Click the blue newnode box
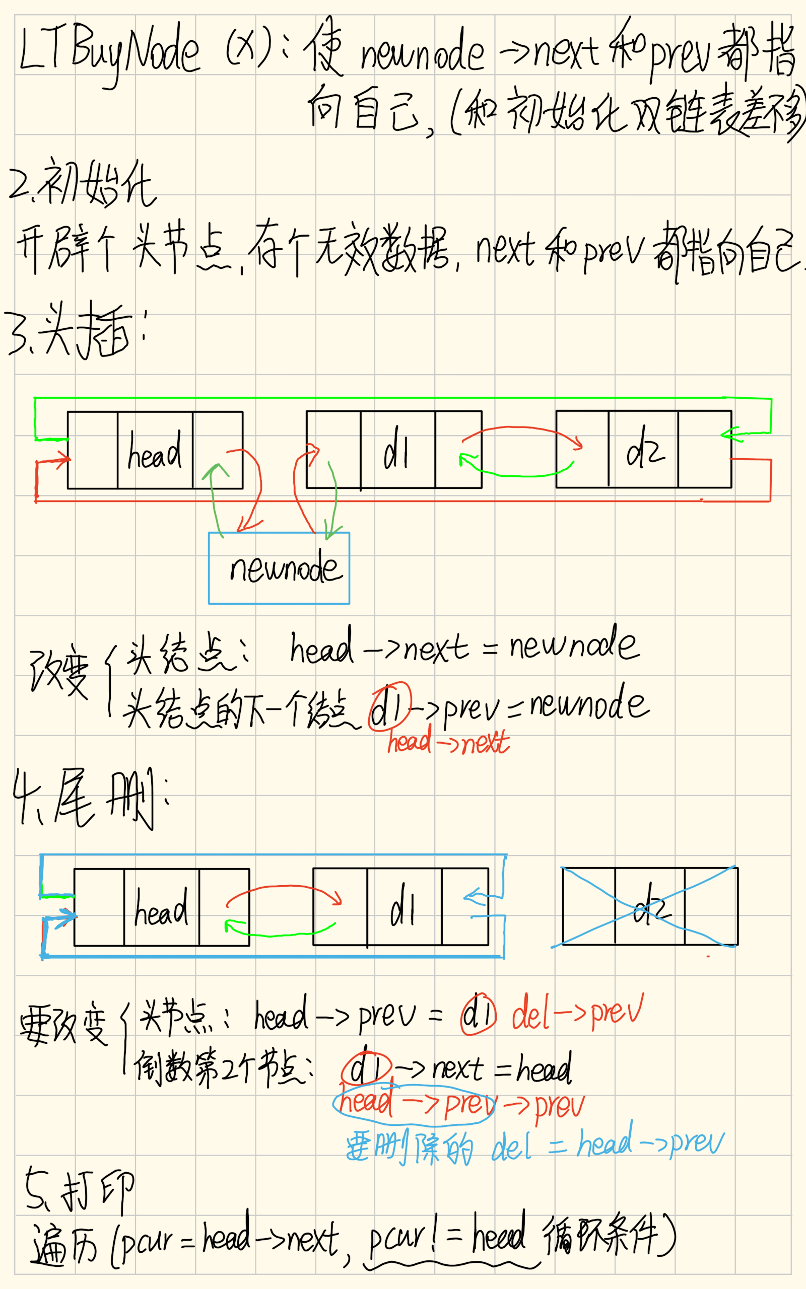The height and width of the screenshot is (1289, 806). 279,568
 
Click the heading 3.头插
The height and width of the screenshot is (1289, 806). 75,330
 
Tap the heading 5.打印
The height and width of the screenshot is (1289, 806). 80,1191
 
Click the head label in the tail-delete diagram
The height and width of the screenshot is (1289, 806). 161,909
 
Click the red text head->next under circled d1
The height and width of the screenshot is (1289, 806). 448,742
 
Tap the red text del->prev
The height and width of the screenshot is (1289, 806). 577,1012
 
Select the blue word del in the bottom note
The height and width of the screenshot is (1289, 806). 511,1148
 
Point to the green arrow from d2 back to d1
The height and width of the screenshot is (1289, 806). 517,473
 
